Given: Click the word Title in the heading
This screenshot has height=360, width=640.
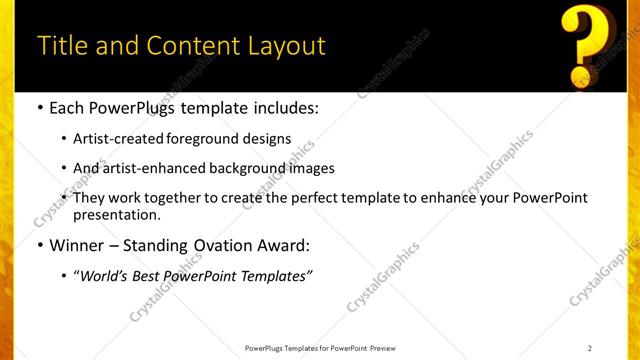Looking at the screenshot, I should point(63,46).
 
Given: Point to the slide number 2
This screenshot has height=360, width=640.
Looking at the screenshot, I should point(590,348).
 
